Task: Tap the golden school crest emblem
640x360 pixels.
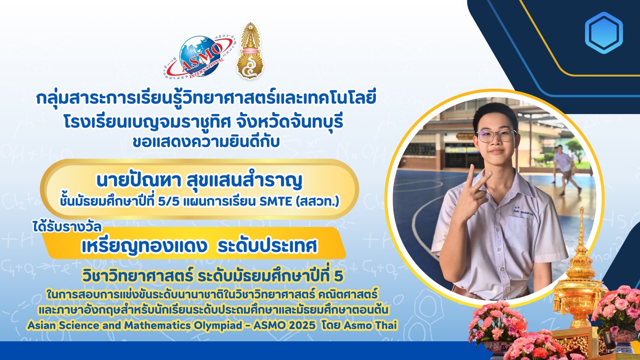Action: tap(250, 51)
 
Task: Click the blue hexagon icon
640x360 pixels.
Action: tap(604, 33)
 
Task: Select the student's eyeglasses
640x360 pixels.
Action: tap(496, 135)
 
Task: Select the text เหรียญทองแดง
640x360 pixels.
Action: tap(144, 246)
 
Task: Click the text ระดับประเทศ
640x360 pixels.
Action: tap(267, 246)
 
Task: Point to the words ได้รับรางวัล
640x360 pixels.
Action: tap(67, 227)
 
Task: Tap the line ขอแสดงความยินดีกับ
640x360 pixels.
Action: tap(206, 142)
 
